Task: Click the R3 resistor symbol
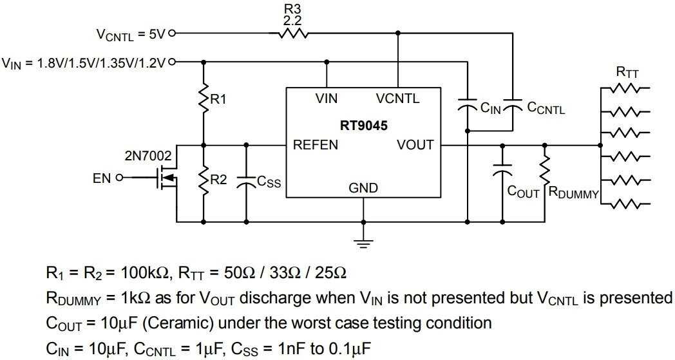[x=293, y=33]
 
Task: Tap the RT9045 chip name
[x=365, y=126]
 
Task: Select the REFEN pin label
[x=316, y=145]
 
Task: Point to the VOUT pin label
[x=415, y=145]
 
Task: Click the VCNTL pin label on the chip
[x=397, y=99]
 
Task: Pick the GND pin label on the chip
[x=363, y=188]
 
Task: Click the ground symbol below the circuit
[x=363, y=243]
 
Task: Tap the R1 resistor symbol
[x=204, y=99]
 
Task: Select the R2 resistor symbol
[x=204, y=181]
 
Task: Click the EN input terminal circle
[x=118, y=178]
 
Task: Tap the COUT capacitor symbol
[x=502, y=171]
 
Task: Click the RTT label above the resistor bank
[x=627, y=72]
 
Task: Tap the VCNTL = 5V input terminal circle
[x=171, y=33]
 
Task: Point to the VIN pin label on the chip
[x=327, y=99]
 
